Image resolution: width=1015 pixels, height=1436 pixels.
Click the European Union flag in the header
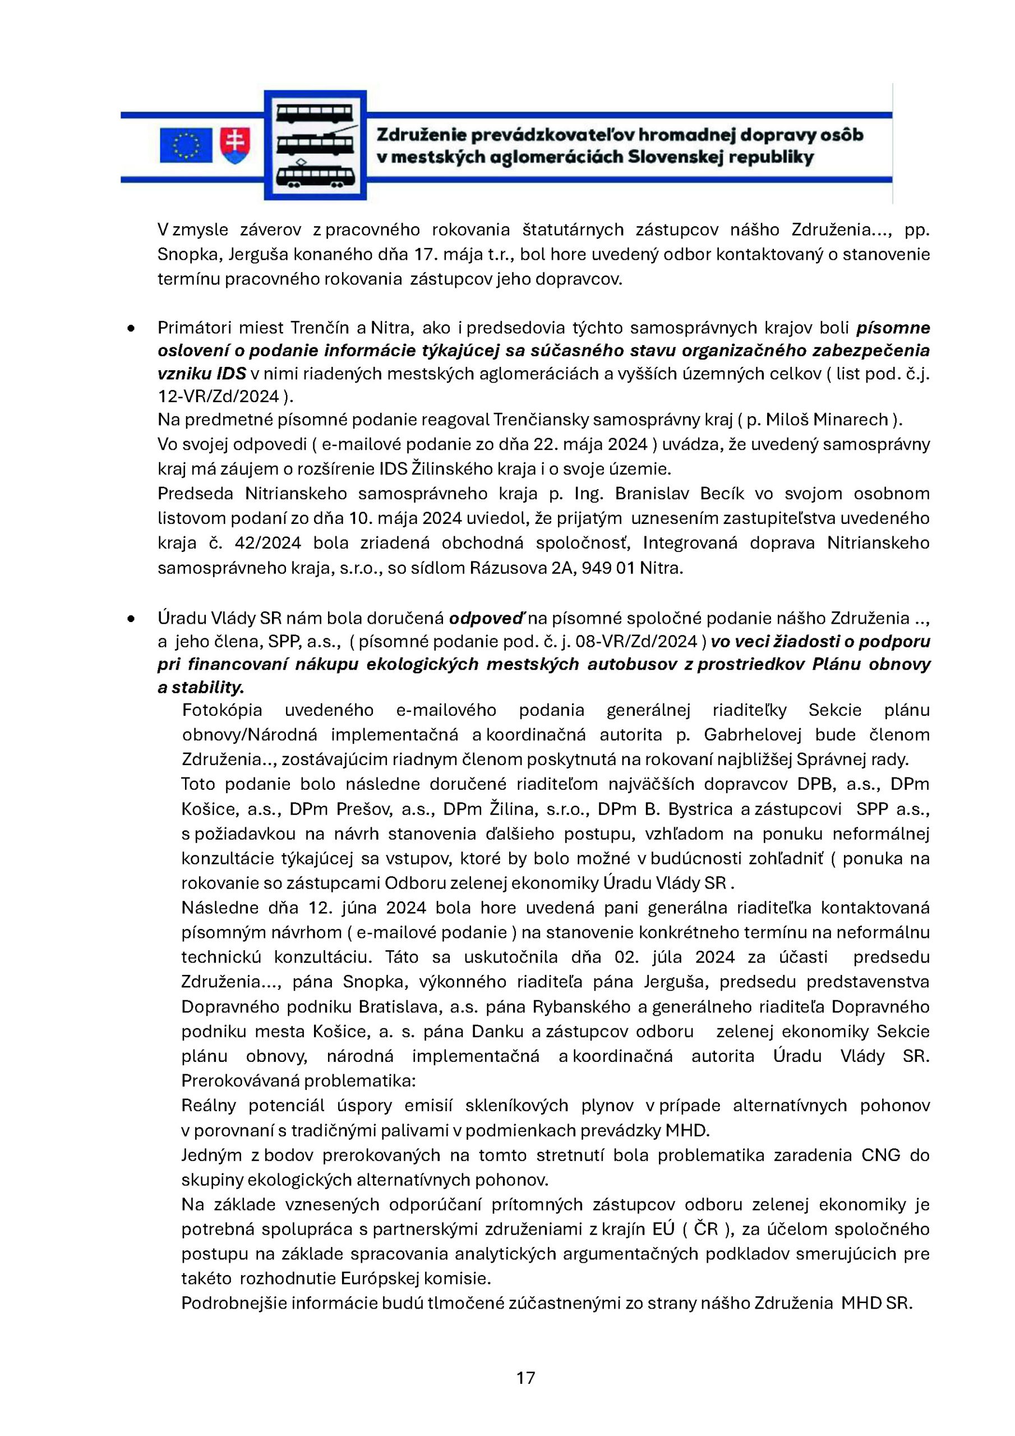point(186,146)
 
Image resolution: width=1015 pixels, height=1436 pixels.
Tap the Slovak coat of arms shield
point(235,146)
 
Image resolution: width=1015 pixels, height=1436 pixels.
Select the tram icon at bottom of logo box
point(315,174)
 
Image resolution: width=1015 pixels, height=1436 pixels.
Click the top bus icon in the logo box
point(315,114)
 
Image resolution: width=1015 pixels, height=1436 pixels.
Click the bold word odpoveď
point(486,618)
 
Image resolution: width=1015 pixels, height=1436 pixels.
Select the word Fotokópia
point(222,710)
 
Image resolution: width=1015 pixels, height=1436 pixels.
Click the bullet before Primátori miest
point(131,328)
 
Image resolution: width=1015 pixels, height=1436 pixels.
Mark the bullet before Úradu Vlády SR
point(131,618)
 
